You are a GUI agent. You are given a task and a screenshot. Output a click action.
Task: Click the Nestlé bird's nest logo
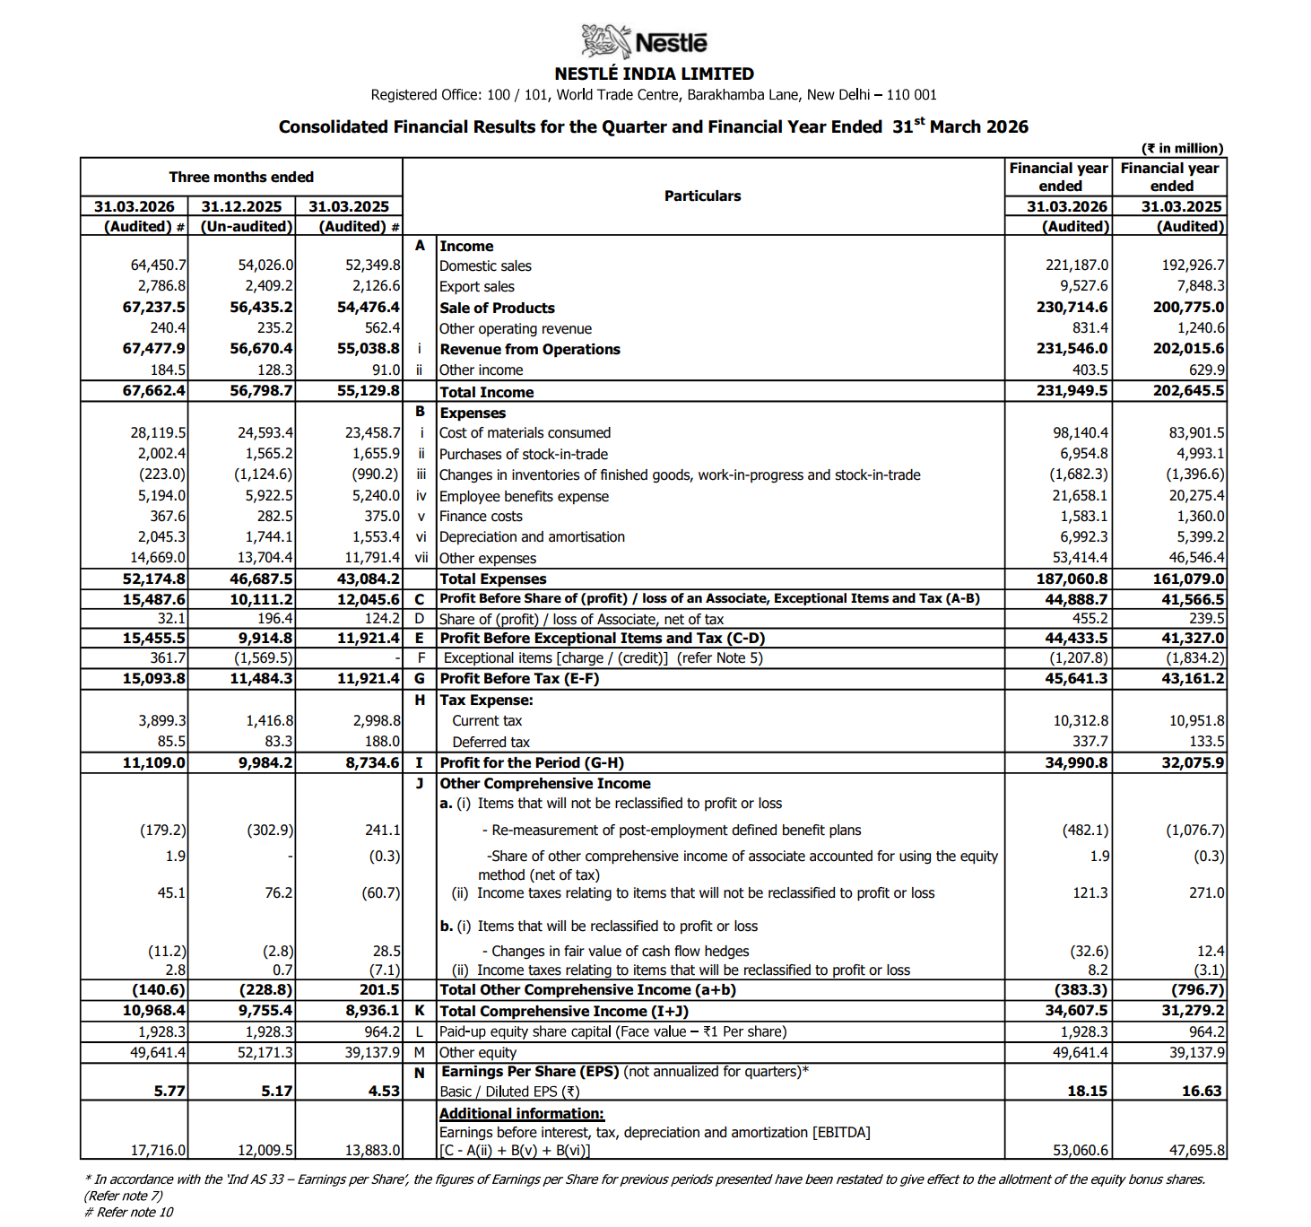click(606, 41)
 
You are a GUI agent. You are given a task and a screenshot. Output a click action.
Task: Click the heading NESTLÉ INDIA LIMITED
click(654, 74)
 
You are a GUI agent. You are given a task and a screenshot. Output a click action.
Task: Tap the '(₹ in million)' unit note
click(1181, 148)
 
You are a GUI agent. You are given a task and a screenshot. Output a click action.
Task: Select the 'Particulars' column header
click(702, 196)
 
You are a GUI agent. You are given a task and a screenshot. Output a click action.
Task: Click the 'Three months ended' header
click(241, 177)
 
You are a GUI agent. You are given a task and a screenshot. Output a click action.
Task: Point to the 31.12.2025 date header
click(241, 206)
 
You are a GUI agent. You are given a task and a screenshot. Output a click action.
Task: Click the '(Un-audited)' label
click(247, 226)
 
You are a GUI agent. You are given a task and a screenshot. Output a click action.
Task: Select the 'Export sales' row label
click(476, 286)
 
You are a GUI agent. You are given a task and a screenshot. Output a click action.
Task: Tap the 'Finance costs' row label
click(481, 517)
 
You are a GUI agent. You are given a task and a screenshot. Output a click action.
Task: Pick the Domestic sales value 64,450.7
click(158, 265)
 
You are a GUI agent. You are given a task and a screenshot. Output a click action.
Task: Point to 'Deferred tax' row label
click(491, 742)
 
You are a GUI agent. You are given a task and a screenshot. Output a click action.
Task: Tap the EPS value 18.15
click(1087, 1091)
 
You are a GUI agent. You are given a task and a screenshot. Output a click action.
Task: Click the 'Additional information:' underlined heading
click(521, 1113)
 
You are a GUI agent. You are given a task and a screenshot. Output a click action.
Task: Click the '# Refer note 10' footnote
click(128, 1212)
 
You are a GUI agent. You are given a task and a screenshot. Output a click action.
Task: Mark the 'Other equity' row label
click(477, 1052)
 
